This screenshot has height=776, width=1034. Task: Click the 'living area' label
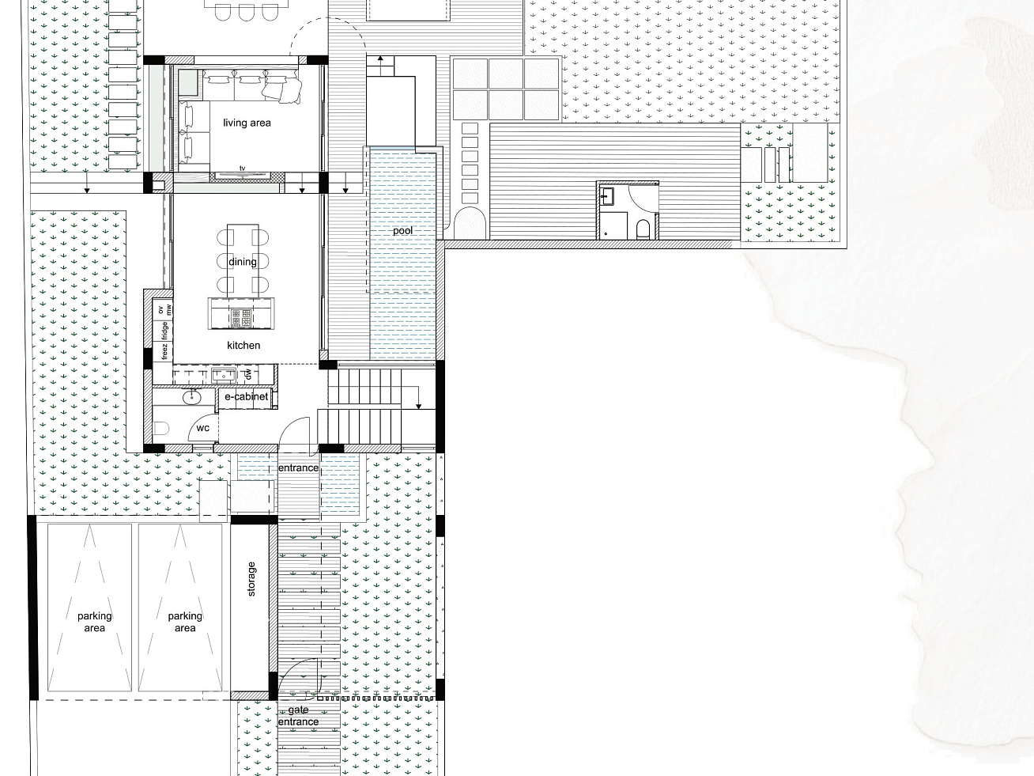click(x=247, y=123)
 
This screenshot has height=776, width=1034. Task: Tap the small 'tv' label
click(x=243, y=168)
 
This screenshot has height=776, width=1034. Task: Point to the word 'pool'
click(x=402, y=231)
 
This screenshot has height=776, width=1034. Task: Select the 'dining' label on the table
click(x=243, y=262)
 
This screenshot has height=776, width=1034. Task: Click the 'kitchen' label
click(x=243, y=346)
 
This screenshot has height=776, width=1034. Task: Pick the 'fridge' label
click(x=164, y=331)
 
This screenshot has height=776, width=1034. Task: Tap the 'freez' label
click(x=164, y=351)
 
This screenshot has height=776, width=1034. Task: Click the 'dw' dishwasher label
click(x=249, y=375)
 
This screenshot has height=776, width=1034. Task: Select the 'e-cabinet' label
click(x=247, y=397)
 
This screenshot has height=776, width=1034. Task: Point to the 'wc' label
click(x=202, y=428)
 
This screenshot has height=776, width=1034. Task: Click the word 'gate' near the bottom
click(x=298, y=710)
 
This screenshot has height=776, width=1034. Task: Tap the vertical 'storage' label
click(x=251, y=579)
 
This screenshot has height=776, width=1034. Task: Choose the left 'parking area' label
click(x=95, y=622)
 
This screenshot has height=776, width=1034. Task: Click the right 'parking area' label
click(x=185, y=622)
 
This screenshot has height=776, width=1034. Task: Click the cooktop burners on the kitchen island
click(x=241, y=317)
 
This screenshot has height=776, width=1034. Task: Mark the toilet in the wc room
click(x=160, y=428)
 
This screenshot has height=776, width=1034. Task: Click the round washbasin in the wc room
click(x=192, y=398)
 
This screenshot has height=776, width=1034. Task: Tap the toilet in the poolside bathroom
click(x=643, y=229)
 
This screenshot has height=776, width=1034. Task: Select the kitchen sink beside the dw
click(x=224, y=376)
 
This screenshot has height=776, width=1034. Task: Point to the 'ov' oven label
click(x=160, y=309)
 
